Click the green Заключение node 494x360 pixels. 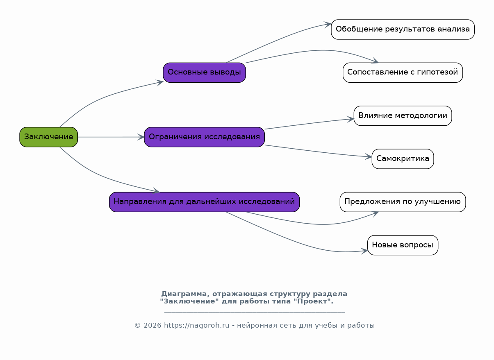[x=48, y=137]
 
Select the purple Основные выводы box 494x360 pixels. [x=204, y=72]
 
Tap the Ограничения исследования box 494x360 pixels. [x=204, y=137]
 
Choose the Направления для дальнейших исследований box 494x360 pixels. [x=204, y=202]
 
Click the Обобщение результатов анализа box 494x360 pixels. [x=403, y=29]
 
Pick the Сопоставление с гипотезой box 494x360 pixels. [x=403, y=72]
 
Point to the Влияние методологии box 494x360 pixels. [x=403, y=115]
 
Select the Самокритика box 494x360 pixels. [x=403, y=159]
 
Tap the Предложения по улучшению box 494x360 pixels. [x=403, y=202]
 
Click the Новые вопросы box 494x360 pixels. [x=403, y=245]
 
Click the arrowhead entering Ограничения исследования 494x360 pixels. [x=141, y=137]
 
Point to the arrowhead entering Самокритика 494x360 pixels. [x=369, y=156]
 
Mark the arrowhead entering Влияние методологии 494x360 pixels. [x=351, y=119]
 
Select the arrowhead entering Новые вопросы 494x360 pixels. [x=364, y=251]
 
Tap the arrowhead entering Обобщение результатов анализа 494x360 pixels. [x=328, y=25]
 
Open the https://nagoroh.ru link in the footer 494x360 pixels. [x=197, y=326]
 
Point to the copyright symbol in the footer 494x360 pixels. [x=137, y=326]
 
